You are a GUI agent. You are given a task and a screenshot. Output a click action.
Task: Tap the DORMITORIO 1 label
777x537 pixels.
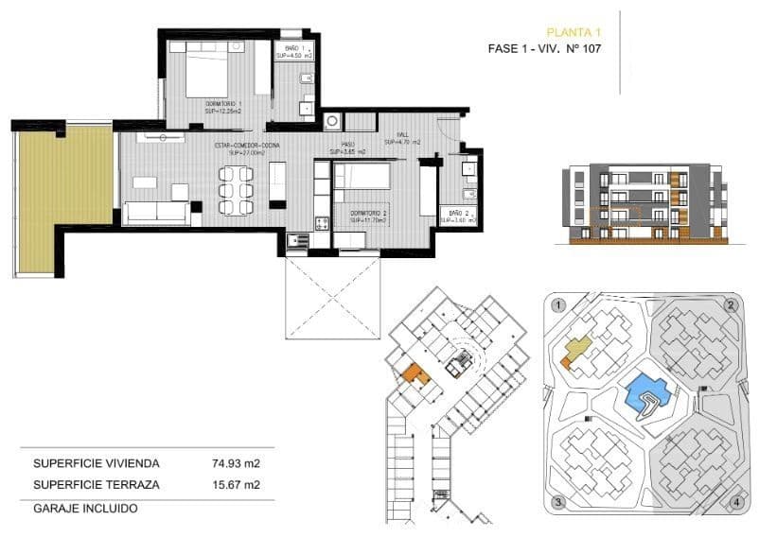(224, 105)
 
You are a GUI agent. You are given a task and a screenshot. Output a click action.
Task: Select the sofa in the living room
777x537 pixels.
(156, 212)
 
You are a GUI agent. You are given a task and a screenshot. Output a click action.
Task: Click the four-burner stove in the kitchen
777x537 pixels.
(321, 223)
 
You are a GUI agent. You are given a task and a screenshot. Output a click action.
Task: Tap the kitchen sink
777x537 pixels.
(298, 240)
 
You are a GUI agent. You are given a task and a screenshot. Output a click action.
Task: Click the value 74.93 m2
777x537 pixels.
(236, 463)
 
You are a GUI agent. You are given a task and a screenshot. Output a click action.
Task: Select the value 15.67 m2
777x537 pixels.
(236, 485)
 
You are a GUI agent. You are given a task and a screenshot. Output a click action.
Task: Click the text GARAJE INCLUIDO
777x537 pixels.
(85, 508)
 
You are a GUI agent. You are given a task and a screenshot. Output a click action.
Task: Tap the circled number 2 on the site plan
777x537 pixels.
(730, 305)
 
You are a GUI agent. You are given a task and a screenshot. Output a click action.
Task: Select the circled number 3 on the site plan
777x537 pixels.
(559, 501)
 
